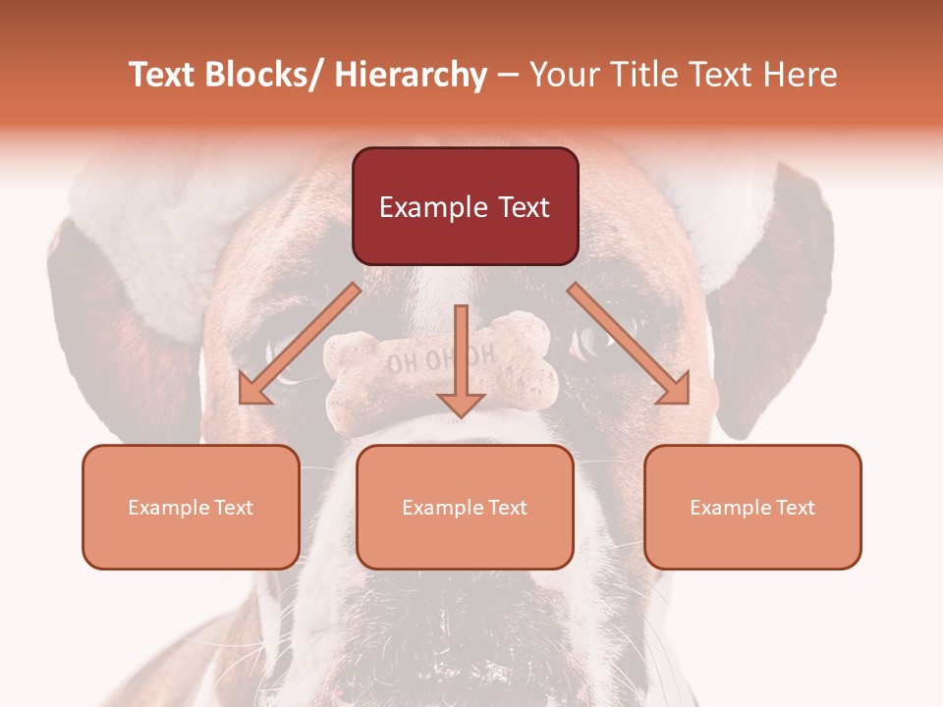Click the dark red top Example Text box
pos(465,206)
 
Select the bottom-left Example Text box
pos(191,507)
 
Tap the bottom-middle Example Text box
pos(465,507)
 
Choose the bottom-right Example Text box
pos(752,507)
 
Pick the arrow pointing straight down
pos(461,363)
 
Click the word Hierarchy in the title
pos(411,76)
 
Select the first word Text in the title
pos(164,76)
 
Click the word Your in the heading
pos(565,76)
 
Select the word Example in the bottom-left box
pos(169,508)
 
